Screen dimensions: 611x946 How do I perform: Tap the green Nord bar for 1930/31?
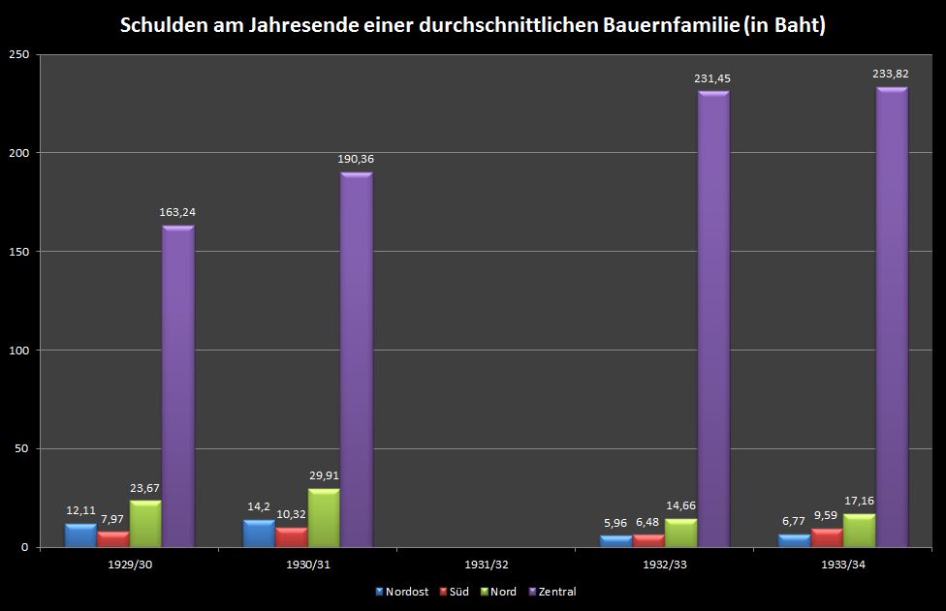click(x=324, y=519)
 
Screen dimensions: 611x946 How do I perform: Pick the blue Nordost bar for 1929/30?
click(x=80, y=535)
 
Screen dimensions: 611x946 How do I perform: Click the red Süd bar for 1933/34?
click(x=827, y=538)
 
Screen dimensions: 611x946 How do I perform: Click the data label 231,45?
click(x=712, y=78)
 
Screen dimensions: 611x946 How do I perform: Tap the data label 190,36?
click(x=356, y=160)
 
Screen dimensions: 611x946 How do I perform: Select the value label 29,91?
click(x=324, y=475)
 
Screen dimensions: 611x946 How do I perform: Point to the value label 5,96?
click(x=615, y=524)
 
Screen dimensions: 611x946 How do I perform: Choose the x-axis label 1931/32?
click(x=486, y=564)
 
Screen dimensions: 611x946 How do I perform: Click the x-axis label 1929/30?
click(x=129, y=564)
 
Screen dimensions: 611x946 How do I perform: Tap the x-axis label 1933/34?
click(x=842, y=564)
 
